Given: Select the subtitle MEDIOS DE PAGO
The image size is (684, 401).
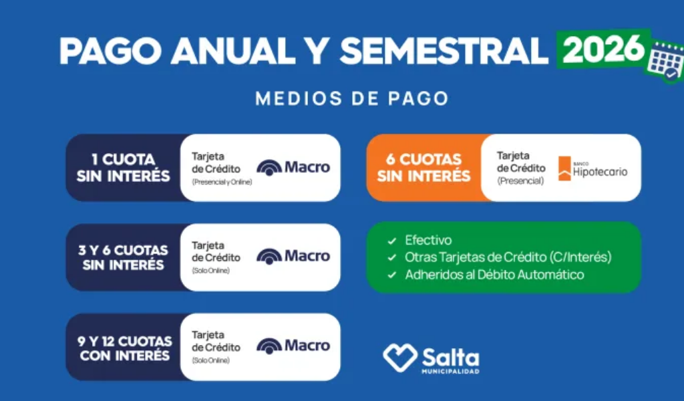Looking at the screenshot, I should pyautogui.click(x=351, y=99).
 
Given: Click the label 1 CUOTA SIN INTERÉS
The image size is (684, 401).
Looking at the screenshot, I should pyautogui.click(x=124, y=168).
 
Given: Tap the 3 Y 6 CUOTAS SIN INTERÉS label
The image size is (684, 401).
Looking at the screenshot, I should pyautogui.click(x=124, y=257).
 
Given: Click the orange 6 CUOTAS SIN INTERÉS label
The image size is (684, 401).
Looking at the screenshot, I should pyautogui.click(x=424, y=168).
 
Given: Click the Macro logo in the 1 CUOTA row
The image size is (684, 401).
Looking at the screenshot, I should pyautogui.click(x=293, y=167).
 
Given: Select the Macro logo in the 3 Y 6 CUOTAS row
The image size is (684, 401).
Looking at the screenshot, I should pyautogui.click(x=293, y=256).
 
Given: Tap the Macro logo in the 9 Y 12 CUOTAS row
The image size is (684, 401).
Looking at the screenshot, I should pyautogui.click(x=293, y=346).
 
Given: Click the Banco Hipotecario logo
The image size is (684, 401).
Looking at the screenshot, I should pyautogui.click(x=592, y=168).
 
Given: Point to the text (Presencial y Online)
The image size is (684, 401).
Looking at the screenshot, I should pyautogui.click(x=222, y=182).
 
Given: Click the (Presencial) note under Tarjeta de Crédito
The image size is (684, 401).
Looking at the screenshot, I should pyautogui.click(x=520, y=180).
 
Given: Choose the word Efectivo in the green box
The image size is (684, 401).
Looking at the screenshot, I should pyautogui.click(x=429, y=240).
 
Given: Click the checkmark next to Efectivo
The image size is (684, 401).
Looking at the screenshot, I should pyautogui.click(x=392, y=240).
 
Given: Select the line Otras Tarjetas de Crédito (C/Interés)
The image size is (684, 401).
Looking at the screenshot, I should pyautogui.click(x=508, y=257).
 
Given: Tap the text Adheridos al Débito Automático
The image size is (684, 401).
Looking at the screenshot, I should pyautogui.click(x=494, y=275).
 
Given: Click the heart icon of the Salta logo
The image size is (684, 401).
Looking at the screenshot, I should pyautogui.click(x=399, y=356).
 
